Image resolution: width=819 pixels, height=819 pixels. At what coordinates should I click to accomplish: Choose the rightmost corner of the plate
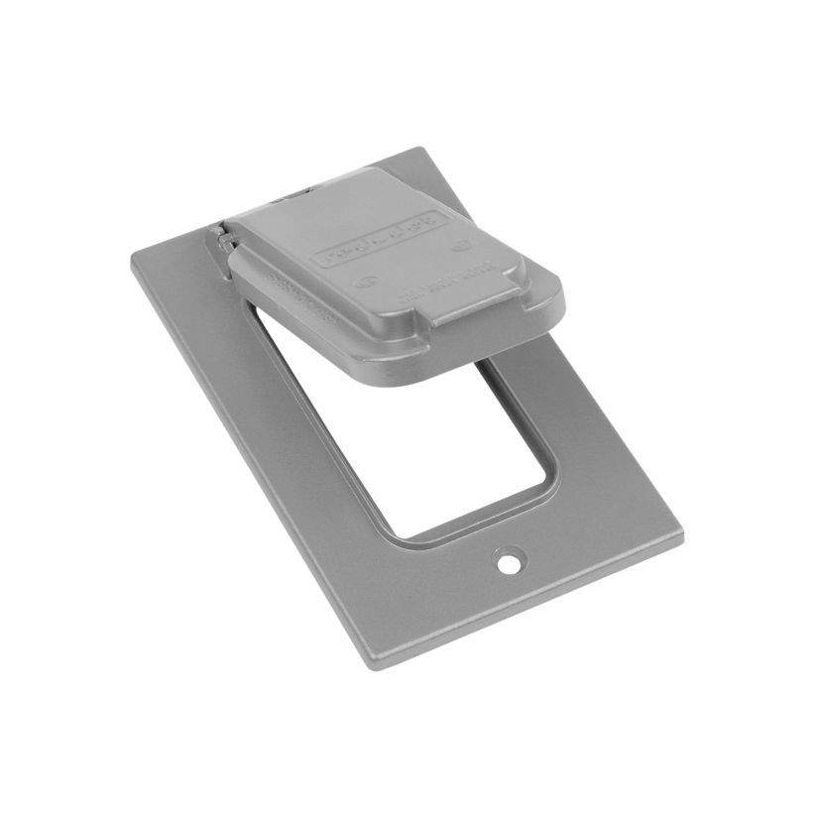pyautogui.click(x=681, y=535)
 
